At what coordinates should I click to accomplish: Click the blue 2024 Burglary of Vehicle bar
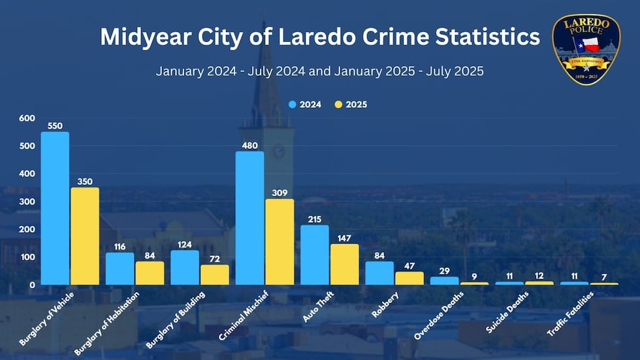coord(55,208)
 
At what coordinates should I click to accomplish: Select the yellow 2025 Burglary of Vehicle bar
coord(84,236)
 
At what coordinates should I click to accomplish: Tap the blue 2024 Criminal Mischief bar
coord(249,218)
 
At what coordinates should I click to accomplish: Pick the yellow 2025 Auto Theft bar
coord(344,264)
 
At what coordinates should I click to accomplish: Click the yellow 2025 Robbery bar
coord(409,278)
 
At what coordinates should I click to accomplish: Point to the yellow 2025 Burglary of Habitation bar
coord(150,272)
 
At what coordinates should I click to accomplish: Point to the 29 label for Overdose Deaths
coord(444,270)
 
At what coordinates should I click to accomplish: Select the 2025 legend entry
coord(351,104)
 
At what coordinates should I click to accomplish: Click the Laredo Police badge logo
coord(586,50)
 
